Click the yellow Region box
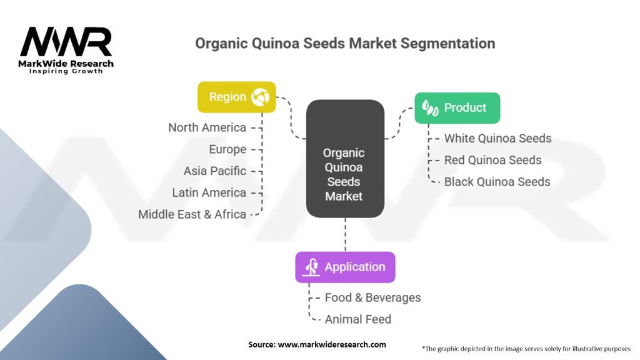point(236,97)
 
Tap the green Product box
point(457,107)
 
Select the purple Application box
point(345,267)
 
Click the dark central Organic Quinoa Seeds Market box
point(344,159)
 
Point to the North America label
point(207,127)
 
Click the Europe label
point(227,149)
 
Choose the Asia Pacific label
point(215,171)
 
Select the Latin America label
point(209,192)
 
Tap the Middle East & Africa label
point(192,214)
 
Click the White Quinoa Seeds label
point(497,138)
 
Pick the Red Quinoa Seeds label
point(492,160)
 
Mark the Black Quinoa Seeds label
point(497,182)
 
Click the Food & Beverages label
point(372,297)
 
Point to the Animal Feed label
point(357,319)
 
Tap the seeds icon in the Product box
point(429,107)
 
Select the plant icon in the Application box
point(311,267)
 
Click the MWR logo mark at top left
point(66,42)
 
